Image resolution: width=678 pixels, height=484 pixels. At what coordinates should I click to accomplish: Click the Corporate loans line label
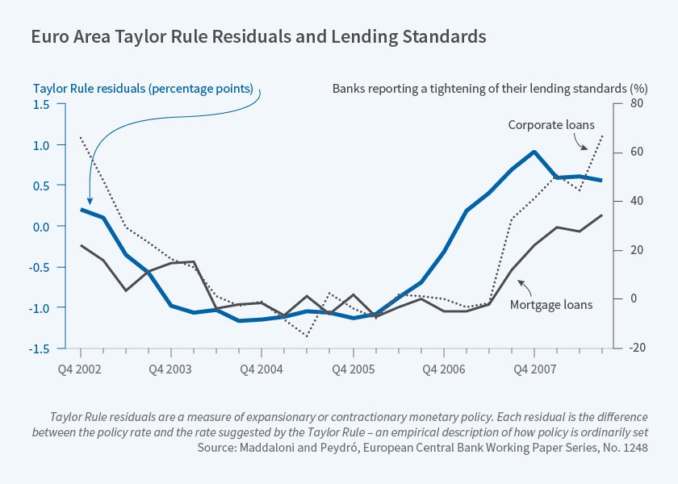[551, 125]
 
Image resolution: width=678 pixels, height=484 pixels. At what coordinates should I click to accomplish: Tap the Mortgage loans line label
[551, 305]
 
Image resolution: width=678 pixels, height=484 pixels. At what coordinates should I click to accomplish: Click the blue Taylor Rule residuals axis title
[143, 88]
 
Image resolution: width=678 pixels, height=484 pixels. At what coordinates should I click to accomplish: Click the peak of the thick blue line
[534, 152]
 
